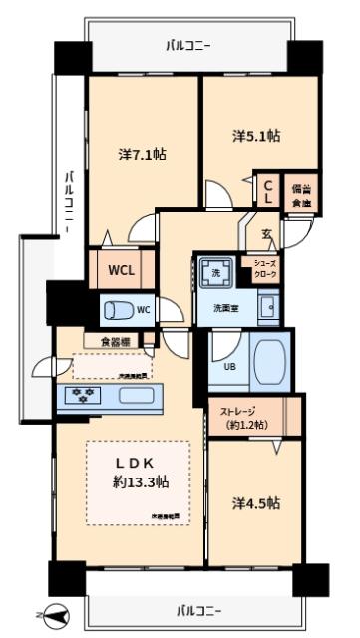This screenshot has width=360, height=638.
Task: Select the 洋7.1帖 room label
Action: pyautogui.click(x=141, y=155)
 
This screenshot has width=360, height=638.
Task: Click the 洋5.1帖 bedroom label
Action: pyautogui.click(x=256, y=136)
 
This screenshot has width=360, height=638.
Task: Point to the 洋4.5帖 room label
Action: pyautogui.click(x=255, y=503)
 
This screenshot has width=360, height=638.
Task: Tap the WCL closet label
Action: pyautogui.click(x=123, y=270)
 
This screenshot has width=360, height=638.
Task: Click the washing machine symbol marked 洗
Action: pyautogui.click(x=214, y=271)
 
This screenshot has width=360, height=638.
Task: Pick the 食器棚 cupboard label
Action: pyautogui.click(x=117, y=342)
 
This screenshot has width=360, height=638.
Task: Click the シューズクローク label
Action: pyautogui.click(x=265, y=268)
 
